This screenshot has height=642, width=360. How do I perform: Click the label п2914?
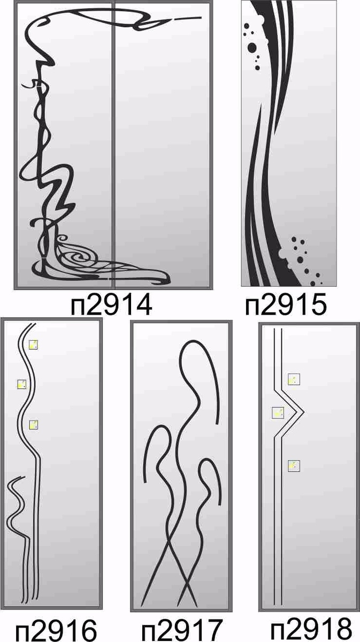point(111,305)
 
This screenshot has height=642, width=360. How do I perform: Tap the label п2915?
point(286,305)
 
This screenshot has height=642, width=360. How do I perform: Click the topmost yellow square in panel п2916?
point(33,345)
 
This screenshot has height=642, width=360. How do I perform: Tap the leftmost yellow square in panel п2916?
point(22,384)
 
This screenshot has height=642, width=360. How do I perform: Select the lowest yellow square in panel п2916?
point(33,425)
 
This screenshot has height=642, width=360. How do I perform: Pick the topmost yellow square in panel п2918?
point(294,379)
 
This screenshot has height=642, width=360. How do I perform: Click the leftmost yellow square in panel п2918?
point(278,412)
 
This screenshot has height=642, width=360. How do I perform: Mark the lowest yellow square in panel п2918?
point(294,466)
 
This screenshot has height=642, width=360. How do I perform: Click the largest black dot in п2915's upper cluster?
point(252,48)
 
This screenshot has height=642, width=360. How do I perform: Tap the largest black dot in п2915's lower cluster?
point(300,259)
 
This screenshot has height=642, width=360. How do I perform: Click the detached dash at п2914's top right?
point(187,18)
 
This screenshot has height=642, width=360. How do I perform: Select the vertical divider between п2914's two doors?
point(113,146)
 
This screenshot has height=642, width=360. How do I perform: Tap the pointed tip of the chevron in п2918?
point(303,412)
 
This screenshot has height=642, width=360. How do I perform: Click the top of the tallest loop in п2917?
point(192,341)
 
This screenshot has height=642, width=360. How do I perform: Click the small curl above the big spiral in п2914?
point(62,239)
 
